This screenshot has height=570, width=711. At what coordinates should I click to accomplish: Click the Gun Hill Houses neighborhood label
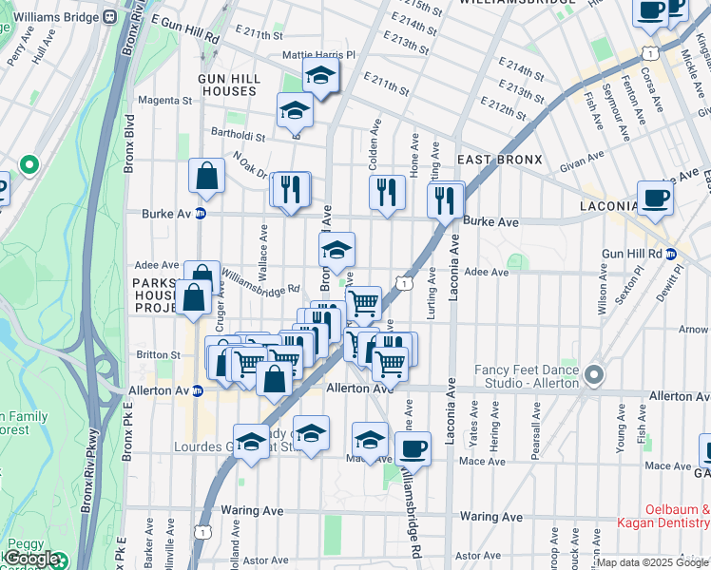click(227, 85)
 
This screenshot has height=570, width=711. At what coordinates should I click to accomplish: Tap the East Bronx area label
click(499, 160)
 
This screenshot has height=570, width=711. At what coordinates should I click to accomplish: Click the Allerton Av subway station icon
click(198, 389)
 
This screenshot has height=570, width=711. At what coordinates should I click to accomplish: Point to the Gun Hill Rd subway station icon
click(670, 254)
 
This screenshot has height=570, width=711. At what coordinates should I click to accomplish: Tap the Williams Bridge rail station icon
click(110, 16)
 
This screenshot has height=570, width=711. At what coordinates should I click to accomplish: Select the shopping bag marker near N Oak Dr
click(206, 176)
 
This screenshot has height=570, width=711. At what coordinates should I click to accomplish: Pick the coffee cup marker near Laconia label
click(655, 199)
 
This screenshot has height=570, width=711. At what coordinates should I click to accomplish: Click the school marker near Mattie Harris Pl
click(321, 76)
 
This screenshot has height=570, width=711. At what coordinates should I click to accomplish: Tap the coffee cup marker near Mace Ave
click(413, 448)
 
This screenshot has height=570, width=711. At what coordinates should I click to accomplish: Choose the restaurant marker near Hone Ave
click(387, 193)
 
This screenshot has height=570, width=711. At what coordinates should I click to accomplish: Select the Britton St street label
click(158, 354)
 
